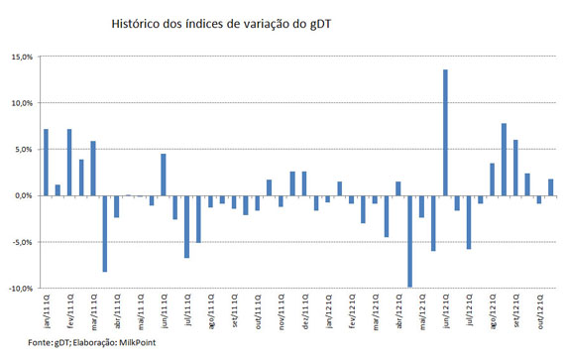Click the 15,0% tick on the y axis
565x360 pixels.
point(23,57)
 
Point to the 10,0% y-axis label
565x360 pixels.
point(23,103)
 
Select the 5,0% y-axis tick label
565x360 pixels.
point(25,150)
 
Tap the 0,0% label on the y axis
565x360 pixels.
point(25,195)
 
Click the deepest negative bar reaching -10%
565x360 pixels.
point(409,242)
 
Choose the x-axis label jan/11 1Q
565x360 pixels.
point(46,309)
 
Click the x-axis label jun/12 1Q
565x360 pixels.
point(446,309)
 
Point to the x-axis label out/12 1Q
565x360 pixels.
point(539,309)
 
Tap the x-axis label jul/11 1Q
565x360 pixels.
point(186,309)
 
